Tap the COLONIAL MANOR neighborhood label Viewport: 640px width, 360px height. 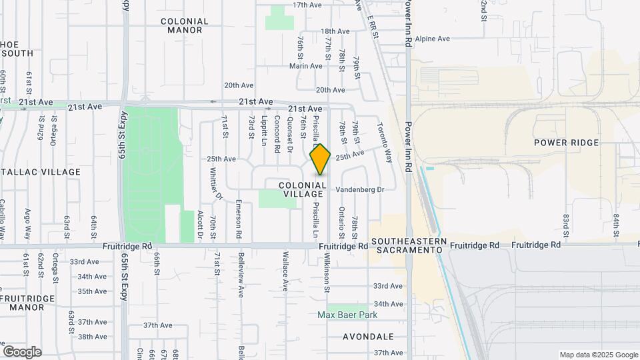[185, 26]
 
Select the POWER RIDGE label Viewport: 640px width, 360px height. [567, 143]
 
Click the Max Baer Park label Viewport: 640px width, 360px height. [347, 315]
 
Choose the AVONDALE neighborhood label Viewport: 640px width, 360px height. [368, 337]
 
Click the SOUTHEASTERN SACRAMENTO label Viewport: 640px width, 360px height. [407, 245]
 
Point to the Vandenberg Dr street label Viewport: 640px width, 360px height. [360, 189]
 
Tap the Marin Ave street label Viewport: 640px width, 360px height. [306, 66]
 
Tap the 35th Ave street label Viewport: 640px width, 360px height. [92, 291]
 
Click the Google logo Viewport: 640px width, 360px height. [22, 352]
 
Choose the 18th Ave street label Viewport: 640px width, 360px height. [335, 31]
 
